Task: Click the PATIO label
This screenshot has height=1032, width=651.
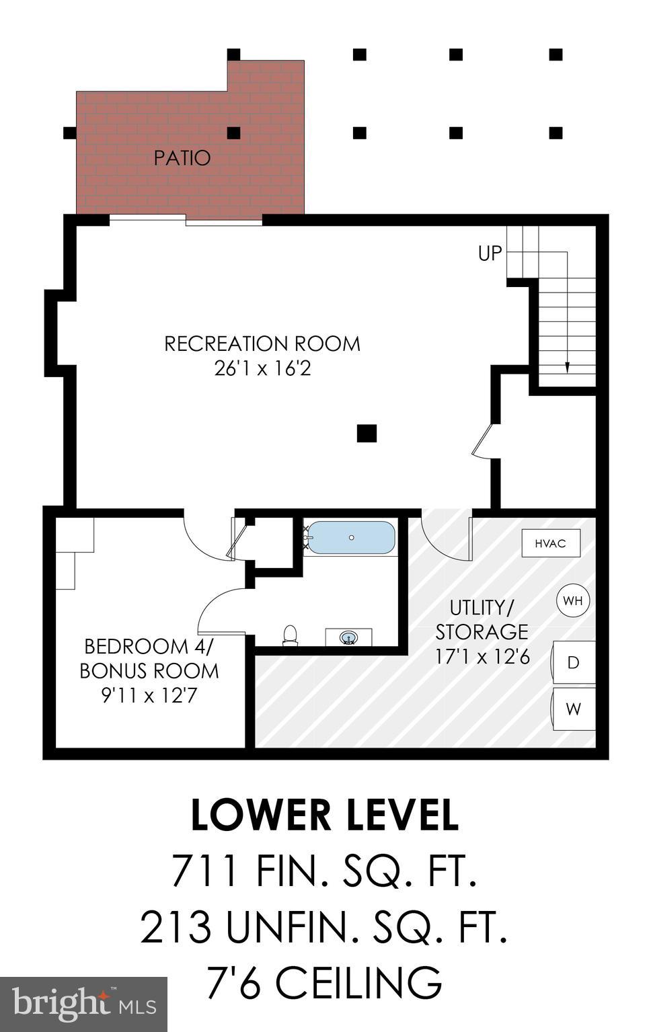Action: pos(182,158)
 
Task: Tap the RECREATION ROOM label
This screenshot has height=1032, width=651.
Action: pos(262,344)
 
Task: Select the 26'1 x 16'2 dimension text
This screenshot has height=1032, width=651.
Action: pos(262,368)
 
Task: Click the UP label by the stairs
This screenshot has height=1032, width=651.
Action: pos(490,253)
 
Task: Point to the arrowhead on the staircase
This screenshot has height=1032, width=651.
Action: pos(567,367)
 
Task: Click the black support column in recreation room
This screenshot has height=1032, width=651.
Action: pos(367,434)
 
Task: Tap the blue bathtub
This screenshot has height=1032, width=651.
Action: pos(350,538)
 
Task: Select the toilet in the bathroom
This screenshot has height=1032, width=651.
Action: pos(290,635)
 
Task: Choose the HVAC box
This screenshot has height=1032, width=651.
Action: pos(551,543)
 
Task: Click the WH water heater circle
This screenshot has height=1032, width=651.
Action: pos(573,600)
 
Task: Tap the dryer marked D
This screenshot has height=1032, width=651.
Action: pos(573,663)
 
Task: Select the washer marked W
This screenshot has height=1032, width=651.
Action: pos(573,709)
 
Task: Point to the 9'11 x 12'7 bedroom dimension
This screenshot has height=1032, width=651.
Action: pos(149,695)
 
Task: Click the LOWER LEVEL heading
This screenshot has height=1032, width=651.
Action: pos(325,815)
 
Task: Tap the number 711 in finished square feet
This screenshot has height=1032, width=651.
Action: pos(205,871)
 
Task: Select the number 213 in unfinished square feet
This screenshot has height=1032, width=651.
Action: pos(176,926)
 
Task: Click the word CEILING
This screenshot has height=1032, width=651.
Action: pos(358,982)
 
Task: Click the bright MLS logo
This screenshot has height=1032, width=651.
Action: pos(83,1004)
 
